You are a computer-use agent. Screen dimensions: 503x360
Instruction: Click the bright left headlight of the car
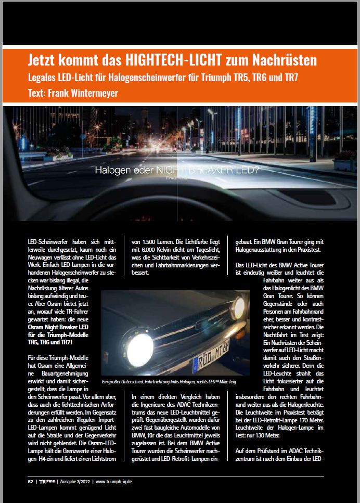139,344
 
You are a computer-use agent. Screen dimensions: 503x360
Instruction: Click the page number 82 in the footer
31,481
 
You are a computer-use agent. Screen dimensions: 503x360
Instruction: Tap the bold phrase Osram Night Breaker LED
57,326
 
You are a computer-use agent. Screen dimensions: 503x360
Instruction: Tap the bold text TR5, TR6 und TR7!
50,342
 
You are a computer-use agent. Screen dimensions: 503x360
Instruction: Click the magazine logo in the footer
46,481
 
